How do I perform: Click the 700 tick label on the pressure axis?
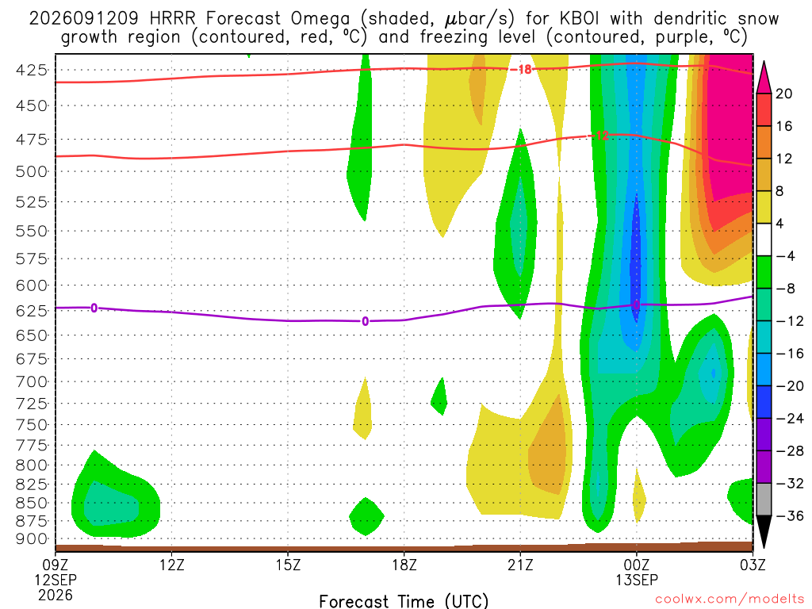(x=32, y=382)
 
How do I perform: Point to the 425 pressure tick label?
(x=32, y=70)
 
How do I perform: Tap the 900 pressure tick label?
(x=32, y=539)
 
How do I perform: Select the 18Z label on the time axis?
(x=404, y=565)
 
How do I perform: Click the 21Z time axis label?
(x=520, y=565)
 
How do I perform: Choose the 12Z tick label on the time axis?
(x=172, y=565)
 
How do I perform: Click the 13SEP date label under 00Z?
(x=637, y=580)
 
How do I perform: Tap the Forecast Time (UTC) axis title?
(x=404, y=601)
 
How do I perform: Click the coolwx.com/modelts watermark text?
(x=730, y=599)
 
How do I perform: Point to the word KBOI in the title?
(x=579, y=19)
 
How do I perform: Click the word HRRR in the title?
(x=172, y=19)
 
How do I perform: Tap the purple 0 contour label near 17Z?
(x=365, y=322)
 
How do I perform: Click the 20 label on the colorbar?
(x=783, y=94)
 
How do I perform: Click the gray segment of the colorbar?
(x=764, y=500)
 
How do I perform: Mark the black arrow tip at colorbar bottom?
(x=764, y=548)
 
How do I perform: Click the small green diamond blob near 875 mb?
(x=366, y=516)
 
